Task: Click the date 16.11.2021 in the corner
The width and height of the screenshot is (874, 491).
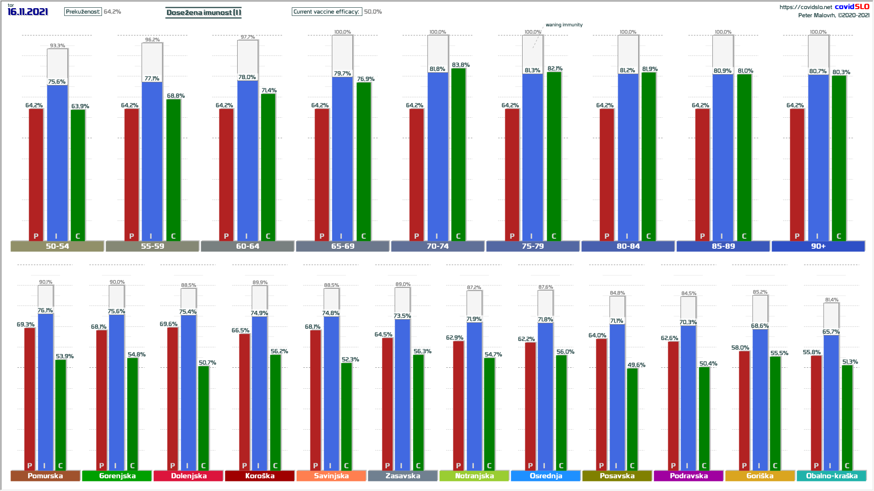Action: tap(28, 12)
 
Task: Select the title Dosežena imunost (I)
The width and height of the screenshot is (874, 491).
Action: tap(203, 12)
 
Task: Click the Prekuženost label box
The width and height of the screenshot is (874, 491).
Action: tap(83, 12)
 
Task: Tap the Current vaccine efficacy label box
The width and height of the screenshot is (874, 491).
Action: tap(326, 12)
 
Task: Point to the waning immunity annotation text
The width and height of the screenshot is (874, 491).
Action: tap(564, 25)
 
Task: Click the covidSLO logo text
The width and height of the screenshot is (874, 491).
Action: tap(852, 6)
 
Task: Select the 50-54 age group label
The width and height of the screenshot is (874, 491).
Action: tap(57, 246)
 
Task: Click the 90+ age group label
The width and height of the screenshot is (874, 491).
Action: tap(818, 246)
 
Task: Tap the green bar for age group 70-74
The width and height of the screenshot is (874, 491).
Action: tap(458, 155)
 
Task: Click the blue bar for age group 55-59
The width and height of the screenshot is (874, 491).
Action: tap(152, 161)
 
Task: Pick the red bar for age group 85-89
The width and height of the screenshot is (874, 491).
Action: tap(702, 175)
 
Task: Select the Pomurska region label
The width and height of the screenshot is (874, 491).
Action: tap(45, 476)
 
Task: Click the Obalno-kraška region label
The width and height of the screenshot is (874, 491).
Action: tap(832, 476)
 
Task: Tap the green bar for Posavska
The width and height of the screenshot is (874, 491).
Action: tap(632, 418)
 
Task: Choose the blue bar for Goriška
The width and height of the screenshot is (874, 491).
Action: tap(760, 400)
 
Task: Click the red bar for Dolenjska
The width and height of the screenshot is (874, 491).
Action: tap(173, 398)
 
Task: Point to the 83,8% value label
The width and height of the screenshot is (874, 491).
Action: tap(461, 65)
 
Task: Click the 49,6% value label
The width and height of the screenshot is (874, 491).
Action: tap(636, 365)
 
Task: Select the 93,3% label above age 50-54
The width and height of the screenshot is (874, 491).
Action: tap(57, 45)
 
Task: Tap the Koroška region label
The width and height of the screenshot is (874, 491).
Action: tap(260, 476)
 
